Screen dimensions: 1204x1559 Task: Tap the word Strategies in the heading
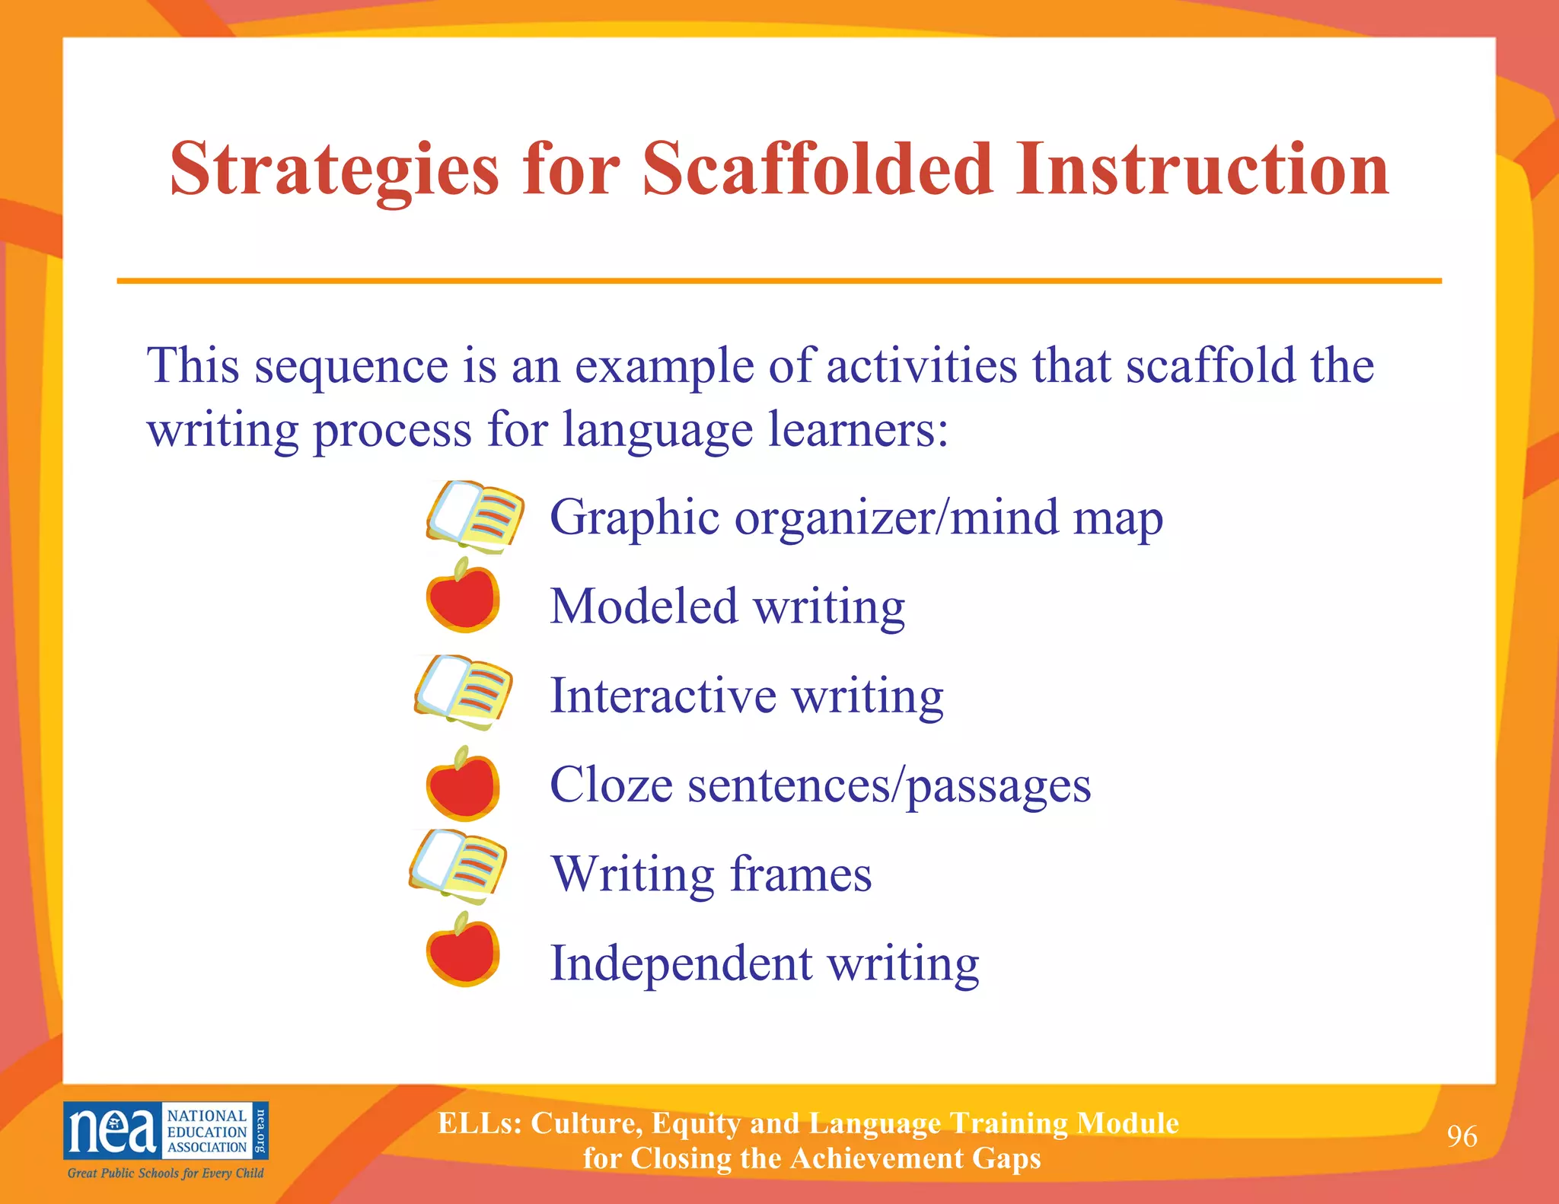click(334, 170)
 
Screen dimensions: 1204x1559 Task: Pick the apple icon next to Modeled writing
click(463, 597)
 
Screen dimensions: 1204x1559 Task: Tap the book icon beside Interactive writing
click(464, 690)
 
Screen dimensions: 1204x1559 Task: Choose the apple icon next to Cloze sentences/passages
click(463, 785)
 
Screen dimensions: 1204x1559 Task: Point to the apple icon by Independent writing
click(463, 952)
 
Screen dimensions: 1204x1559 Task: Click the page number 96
click(1462, 1136)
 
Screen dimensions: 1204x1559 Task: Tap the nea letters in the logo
click(112, 1131)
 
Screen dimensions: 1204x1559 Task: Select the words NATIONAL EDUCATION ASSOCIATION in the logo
click(207, 1131)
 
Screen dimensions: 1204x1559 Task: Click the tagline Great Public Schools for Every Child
click(165, 1174)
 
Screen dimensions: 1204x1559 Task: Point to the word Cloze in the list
click(611, 785)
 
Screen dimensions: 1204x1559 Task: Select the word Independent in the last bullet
click(681, 964)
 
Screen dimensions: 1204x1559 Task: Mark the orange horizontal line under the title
click(779, 281)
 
